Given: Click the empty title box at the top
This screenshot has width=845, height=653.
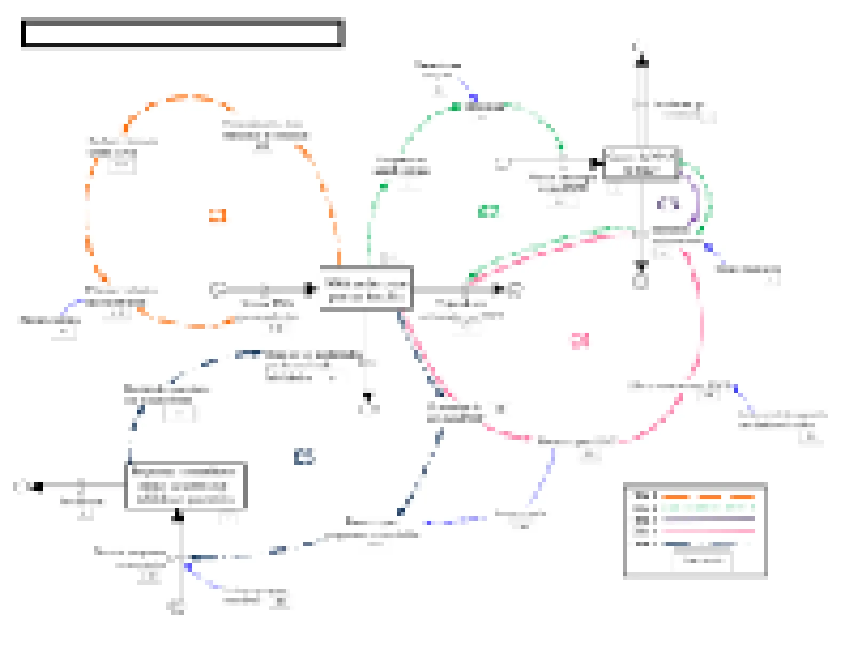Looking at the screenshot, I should tap(182, 33).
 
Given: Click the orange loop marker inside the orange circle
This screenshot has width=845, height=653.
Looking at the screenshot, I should tap(217, 216).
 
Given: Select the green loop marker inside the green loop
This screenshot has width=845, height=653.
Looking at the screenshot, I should tap(489, 211).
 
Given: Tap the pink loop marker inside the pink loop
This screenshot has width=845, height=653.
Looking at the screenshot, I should tap(580, 340).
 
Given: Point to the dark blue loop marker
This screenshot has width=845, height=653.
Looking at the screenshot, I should tap(304, 457).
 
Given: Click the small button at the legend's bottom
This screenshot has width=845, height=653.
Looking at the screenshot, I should tap(703, 561).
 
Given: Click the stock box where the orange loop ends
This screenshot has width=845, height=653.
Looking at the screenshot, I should tap(366, 288).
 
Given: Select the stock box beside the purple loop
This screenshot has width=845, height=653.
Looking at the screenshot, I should tap(640, 163).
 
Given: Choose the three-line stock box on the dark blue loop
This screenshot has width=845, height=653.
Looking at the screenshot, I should tap(185, 486).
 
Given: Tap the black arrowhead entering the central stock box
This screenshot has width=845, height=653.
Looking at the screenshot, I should tap(309, 290).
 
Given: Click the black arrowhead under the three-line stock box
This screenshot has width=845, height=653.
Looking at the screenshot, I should tap(179, 515).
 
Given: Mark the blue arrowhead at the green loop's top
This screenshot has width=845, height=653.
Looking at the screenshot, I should tap(473, 98).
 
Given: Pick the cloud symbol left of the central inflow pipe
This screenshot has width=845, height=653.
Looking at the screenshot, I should tap(216, 290).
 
